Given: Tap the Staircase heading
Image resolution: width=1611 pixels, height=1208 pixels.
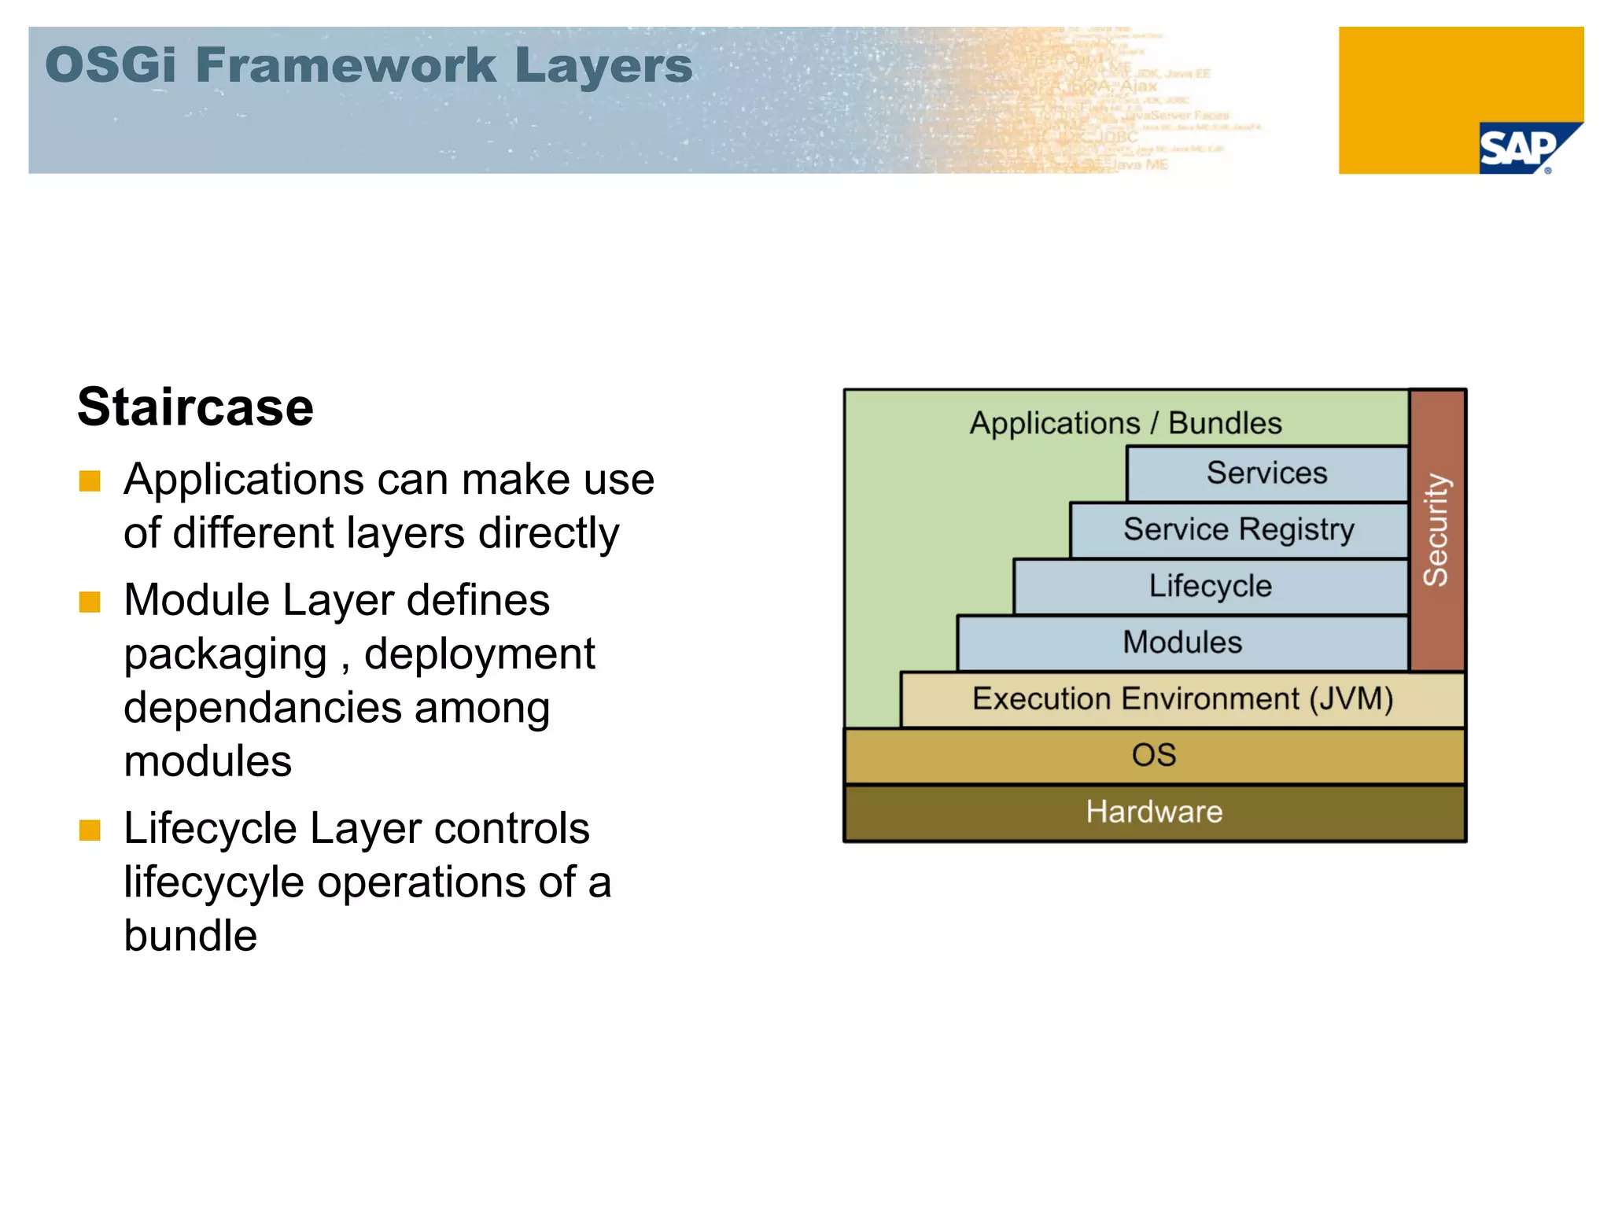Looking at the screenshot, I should click(195, 407).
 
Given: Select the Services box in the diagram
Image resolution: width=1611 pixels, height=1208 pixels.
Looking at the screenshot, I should click(1266, 473).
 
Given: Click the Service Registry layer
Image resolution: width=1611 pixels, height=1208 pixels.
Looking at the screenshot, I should click(1238, 530).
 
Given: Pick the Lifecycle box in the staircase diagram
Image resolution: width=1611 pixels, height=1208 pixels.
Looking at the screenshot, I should click(1210, 587).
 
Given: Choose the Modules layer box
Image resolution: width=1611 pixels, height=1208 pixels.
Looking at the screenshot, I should click(1182, 643).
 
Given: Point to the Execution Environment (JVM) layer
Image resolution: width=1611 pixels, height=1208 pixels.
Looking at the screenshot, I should click(1182, 699).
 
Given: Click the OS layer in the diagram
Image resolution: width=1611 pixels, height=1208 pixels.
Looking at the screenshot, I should click(1154, 756).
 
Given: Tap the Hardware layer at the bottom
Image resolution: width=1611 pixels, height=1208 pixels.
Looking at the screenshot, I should click(1154, 812).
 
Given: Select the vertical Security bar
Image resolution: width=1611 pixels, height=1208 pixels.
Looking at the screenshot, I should click(1436, 529).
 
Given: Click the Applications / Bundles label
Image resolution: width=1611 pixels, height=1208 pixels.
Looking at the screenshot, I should click(1125, 423).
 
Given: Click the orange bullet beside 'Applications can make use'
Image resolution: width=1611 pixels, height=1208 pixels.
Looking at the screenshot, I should click(90, 481).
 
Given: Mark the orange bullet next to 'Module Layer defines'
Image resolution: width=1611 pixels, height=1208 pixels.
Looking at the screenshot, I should click(90, 602).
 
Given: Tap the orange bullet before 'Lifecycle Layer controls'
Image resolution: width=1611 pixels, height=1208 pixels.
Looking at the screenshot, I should click(90, 830).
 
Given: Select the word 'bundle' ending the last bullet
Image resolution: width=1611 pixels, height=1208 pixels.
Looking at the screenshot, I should click(190, 936).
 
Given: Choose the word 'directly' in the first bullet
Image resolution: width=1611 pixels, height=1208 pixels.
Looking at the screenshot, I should click(548, 533).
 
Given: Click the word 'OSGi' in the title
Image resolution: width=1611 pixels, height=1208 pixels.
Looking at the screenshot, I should click(110, 65).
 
